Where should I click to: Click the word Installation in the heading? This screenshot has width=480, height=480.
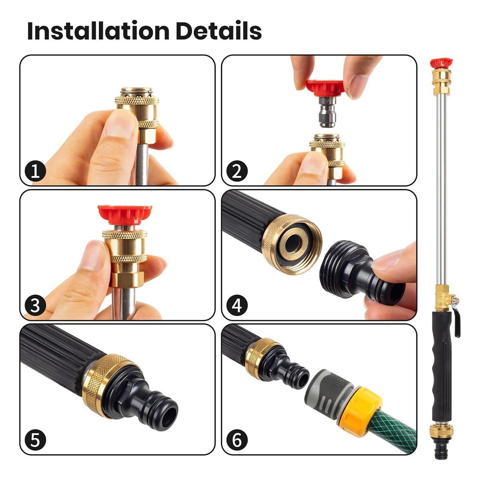coord(98,31)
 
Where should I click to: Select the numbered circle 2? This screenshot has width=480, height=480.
coord(237,172)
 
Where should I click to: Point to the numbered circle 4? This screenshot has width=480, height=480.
coord(237,306)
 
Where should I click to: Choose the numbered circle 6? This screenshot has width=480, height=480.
coord(237,440)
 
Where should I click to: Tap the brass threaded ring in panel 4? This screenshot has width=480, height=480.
coord(292,244)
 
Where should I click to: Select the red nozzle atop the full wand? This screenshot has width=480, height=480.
coord(441,63)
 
